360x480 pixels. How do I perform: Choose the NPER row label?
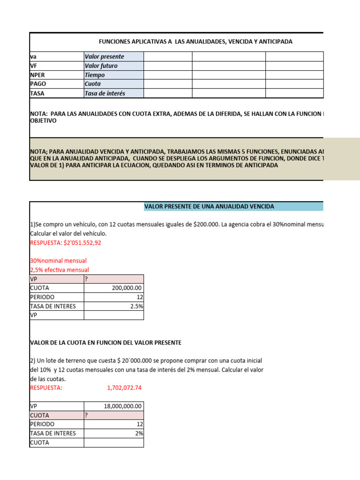point(38,75)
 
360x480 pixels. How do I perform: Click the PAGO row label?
point(38,84)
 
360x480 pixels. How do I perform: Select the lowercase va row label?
point(33,57)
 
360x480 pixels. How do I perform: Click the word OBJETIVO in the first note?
point(43,121)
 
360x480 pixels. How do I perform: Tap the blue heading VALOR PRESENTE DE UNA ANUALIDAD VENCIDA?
point(209,207)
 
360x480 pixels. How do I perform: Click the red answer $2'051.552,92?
point(66,243)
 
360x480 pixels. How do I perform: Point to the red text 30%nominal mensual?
point(58,261)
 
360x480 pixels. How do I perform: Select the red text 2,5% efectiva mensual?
point(60,270)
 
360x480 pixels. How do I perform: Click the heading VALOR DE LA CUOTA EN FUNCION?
point(105,343)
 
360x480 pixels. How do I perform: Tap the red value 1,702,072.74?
point(124,388)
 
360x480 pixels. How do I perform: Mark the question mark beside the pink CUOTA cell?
point(86,415)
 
